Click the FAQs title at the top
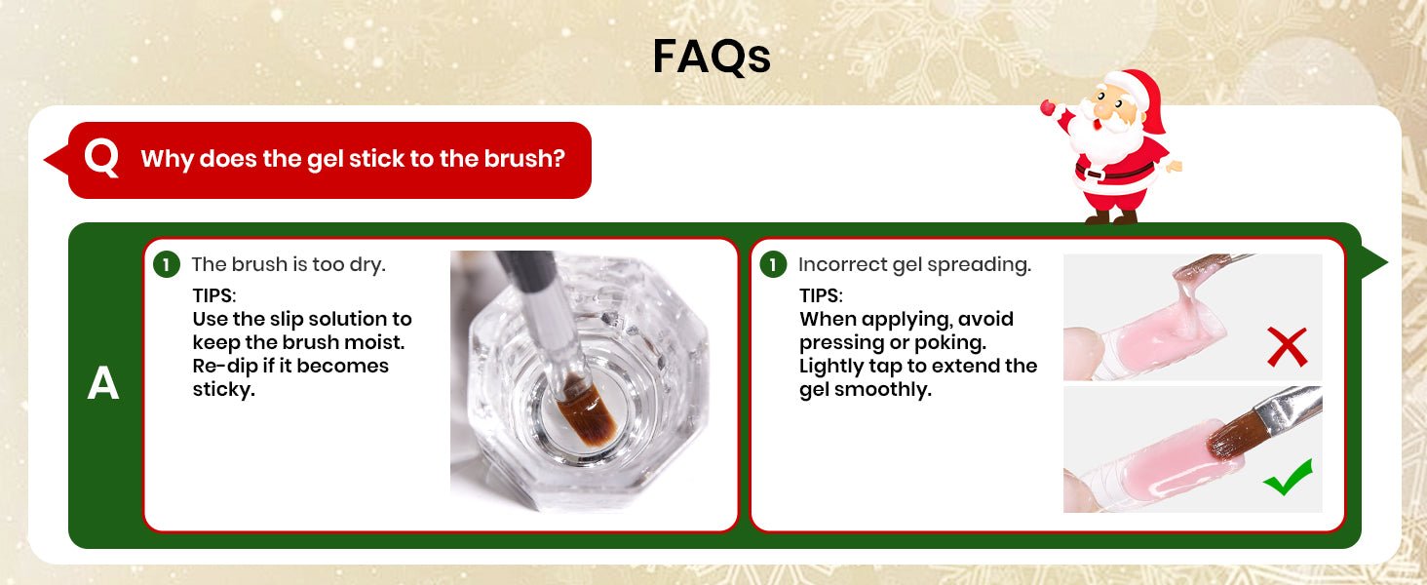[712, 57]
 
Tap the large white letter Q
[102, 159]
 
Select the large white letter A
[103, 383]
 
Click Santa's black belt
[1115, 172]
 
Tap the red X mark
[1287, 347]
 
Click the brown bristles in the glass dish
[586, 411]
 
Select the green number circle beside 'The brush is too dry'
[167, 264]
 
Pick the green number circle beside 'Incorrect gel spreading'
[773, 264]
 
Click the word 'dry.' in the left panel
[367, 265]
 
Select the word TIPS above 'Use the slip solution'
[214, 295]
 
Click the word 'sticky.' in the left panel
[224, 390]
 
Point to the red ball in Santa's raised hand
[1048, 107]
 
